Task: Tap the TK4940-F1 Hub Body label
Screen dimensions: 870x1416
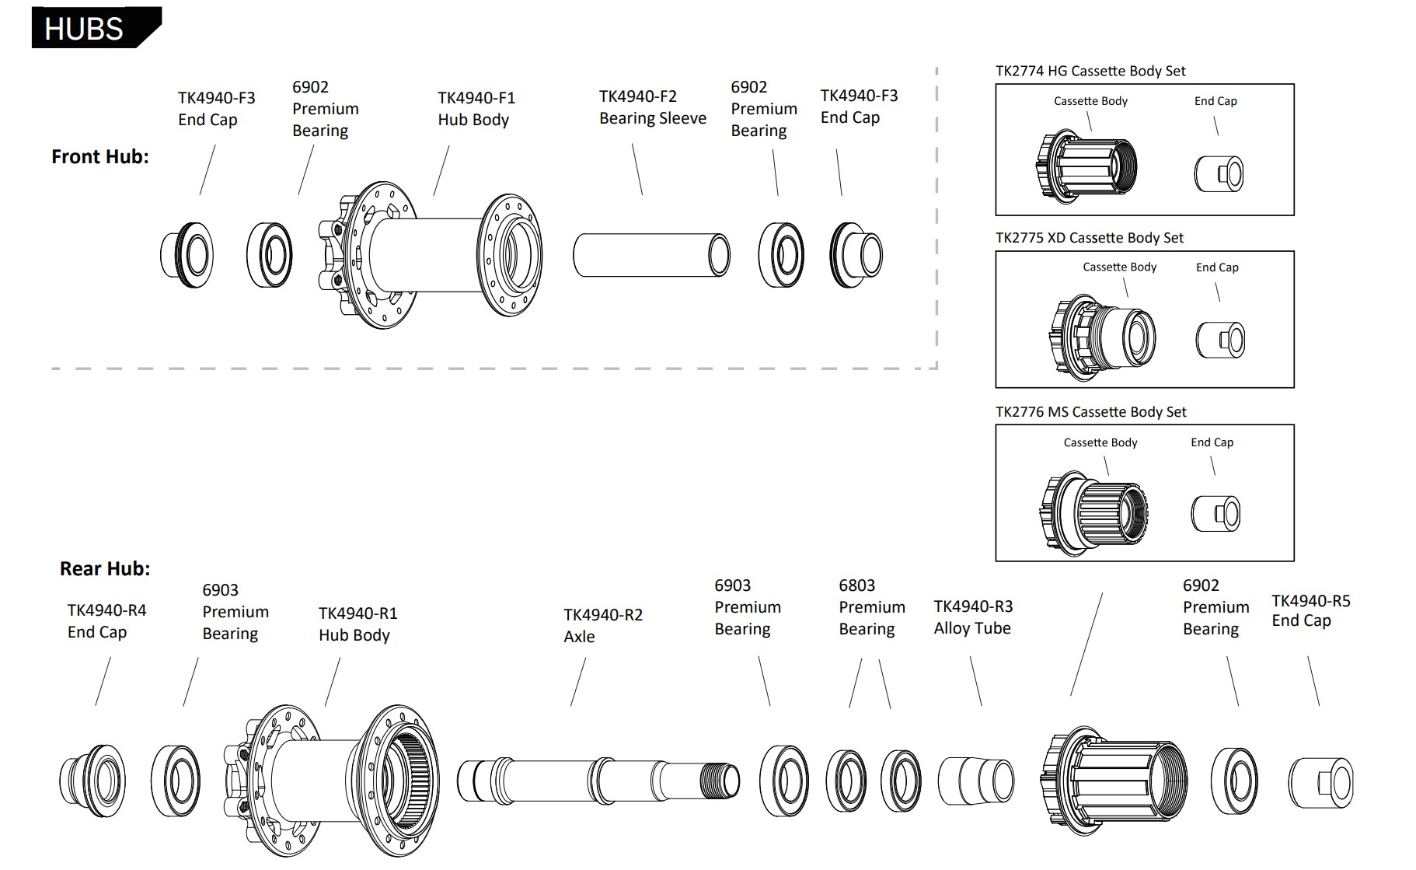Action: coord(476,109)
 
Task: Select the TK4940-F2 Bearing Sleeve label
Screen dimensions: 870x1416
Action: coord(652,107)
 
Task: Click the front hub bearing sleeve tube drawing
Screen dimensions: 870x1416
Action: coord(651,255)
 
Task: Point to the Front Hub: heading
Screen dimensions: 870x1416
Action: coord(99,156)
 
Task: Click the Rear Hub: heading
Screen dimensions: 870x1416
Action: coord(105,568)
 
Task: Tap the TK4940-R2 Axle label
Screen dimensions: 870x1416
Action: coord(602,625)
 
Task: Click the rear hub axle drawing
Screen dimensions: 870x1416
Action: coord(598,780)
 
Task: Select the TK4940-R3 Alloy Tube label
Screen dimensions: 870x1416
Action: coord(973,617)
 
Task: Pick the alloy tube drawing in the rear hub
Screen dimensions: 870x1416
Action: coord(975,780)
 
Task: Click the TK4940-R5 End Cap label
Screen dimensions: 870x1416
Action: coord(1310,610)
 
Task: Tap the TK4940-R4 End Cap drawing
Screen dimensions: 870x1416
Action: coord(92,780)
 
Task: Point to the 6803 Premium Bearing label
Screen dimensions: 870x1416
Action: coord(871,606)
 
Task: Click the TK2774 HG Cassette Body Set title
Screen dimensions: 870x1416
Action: coord(1090,71)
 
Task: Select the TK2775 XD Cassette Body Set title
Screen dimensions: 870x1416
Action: coord(1089,238)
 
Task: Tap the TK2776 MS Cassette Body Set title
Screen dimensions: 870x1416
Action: coord(1090,412)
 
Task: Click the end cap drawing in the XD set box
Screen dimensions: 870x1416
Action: coord(1219,339)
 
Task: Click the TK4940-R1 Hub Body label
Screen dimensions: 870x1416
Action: coord(357,624)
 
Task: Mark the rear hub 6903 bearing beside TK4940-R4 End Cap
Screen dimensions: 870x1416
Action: coord(175,781)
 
